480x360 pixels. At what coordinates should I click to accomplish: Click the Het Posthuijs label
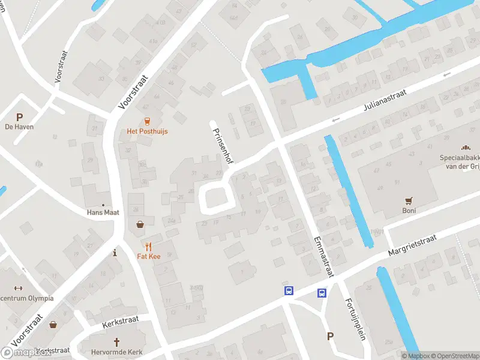[x=147, y=131]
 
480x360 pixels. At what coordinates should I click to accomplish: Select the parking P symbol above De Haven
[x=19, y=117]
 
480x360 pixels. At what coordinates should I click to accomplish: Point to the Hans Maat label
[x=103, y=212]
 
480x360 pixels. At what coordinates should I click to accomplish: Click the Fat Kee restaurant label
[x=148, y=256]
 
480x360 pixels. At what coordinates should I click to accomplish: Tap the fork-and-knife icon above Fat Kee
[x=148, y=246]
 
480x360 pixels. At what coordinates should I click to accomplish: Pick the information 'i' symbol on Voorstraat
[x=114, y=253]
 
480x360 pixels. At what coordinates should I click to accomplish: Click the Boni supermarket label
[x=409, y=211]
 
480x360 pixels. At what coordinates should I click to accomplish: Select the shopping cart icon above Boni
[x=409, y=201]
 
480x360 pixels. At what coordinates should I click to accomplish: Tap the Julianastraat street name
[x=385, y=101]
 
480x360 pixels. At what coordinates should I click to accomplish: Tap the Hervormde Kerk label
[x=116, y=352]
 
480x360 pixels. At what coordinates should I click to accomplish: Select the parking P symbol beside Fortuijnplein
[x=330, y=337]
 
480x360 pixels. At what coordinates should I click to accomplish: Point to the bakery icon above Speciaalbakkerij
[x=464, y=147]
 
